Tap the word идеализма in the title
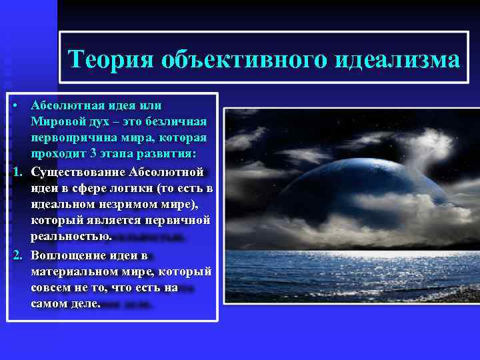click(x=397, y=60)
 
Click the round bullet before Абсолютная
click(x=15, y=106)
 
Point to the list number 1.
click(x=16, y=173)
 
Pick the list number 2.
click(x=16, y=255)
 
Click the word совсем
click(x=49, y=288)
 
